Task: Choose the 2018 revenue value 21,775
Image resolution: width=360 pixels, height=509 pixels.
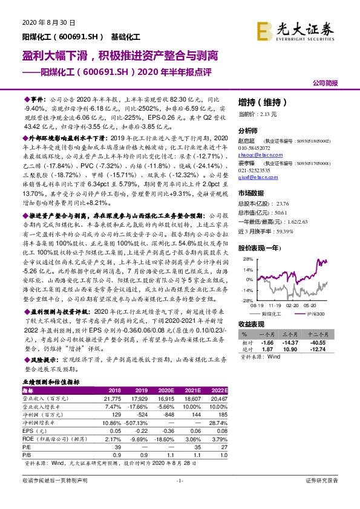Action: click(113, 398)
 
